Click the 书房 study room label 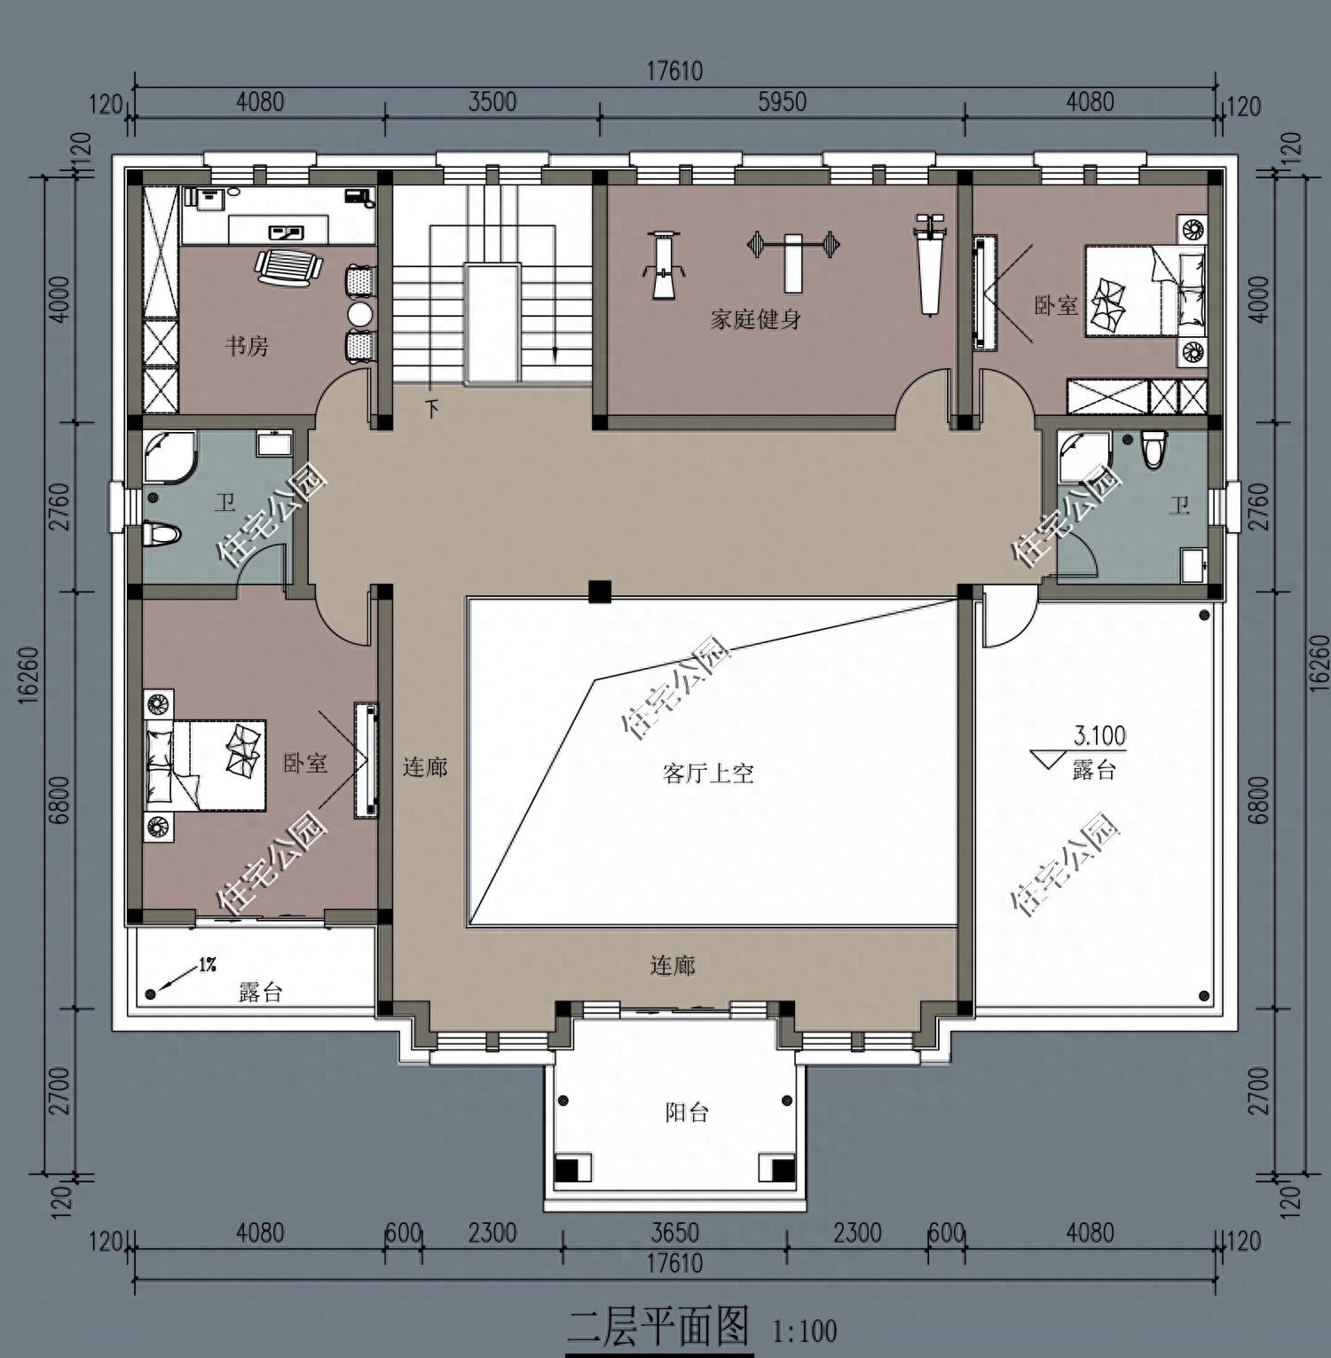point(246,345)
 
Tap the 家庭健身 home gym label point(755,318)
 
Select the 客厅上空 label point(708,773)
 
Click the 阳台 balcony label point(687,1111)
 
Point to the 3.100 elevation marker point(1099,735)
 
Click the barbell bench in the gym point(792,258)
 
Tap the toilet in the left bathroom point(162,534)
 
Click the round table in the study point(360,314)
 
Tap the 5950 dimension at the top point(782,102)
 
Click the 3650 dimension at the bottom point(674,1233)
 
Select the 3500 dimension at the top point(492,102)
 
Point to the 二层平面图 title point(658,1329)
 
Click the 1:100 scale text point(805,1331)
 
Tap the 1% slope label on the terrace point(208,965)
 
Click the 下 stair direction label point(432,409)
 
